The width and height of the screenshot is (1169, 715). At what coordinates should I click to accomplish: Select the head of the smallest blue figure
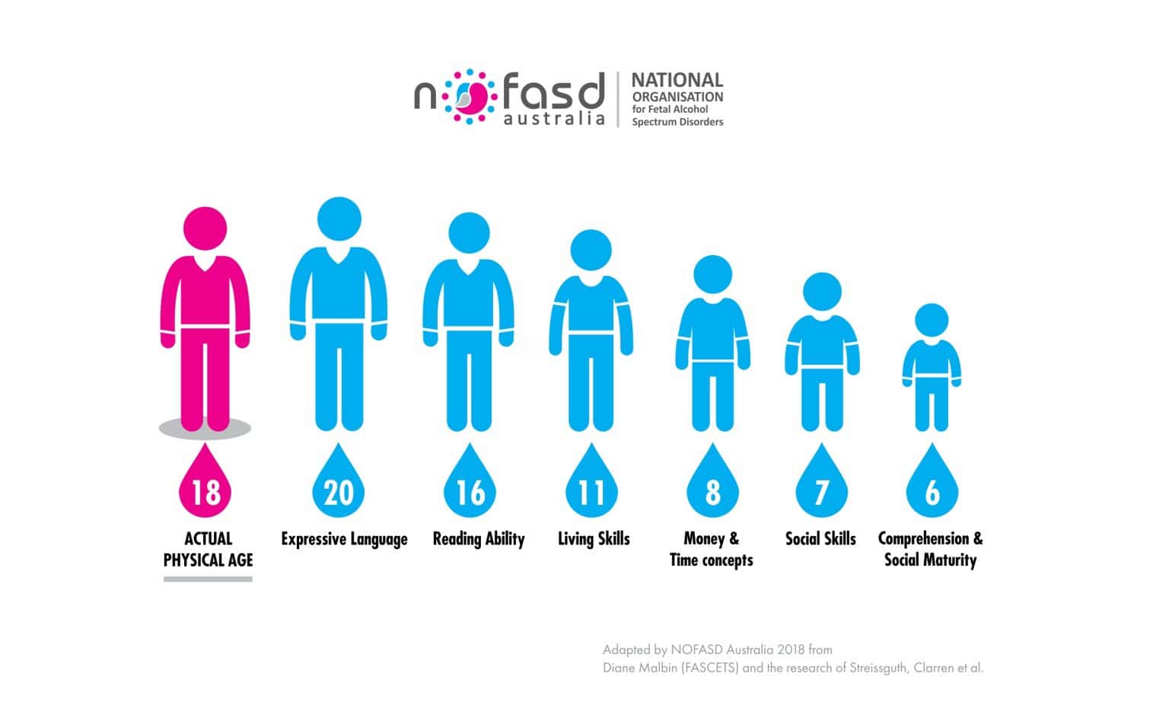click(932, 321)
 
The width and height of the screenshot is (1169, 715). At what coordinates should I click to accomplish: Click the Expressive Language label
click(344, 539)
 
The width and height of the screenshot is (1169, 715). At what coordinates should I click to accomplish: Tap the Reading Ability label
click(479, 539)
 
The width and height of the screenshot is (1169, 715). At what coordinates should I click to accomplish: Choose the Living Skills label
click(594, 539)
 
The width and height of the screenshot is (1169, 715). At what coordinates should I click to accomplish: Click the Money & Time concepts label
click(712, 549)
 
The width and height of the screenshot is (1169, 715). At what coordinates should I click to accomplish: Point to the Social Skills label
click(820, 539)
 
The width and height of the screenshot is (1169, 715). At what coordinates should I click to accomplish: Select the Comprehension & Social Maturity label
click(930, 549)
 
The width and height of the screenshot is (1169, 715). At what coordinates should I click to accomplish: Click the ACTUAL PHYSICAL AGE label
click(208, 549)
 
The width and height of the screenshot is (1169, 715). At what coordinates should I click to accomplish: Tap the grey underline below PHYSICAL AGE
click(208, 579)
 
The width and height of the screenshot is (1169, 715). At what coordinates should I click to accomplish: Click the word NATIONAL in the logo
click(677, 80)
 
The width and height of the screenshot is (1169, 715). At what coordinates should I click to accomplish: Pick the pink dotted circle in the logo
click(470, 97)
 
